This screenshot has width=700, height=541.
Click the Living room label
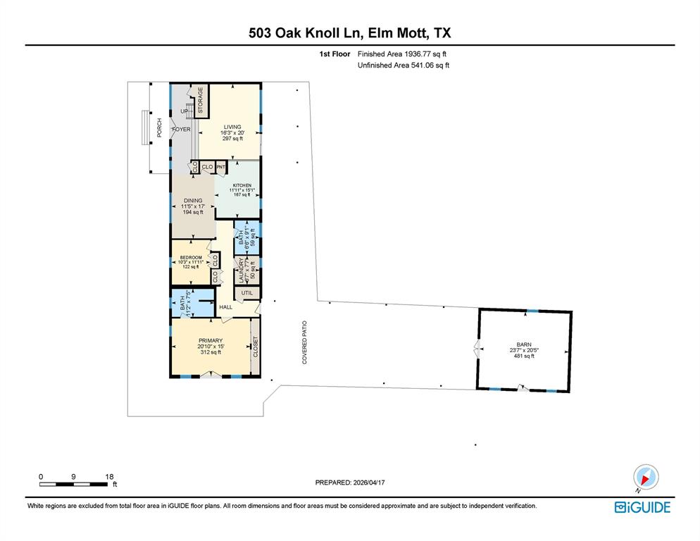click(232, 127)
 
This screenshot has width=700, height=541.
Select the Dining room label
click(193, 201)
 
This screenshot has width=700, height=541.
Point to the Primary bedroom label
click(210, 341)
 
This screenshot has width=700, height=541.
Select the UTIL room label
click(246, 292)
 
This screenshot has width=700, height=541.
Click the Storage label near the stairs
click(200, 99)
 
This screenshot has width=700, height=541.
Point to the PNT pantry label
click(220, 167)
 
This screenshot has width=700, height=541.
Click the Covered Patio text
click(306, 342)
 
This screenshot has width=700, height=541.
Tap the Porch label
click(159, 128)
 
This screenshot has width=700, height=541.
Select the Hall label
click(225, 307)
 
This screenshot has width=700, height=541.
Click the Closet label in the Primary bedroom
click(255, 347)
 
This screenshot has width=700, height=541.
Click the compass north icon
click(645, 477)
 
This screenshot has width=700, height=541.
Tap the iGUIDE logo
click(642, 507)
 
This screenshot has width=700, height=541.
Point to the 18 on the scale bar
click(108, 476)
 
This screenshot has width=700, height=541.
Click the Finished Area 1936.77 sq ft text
click(402, 54)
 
